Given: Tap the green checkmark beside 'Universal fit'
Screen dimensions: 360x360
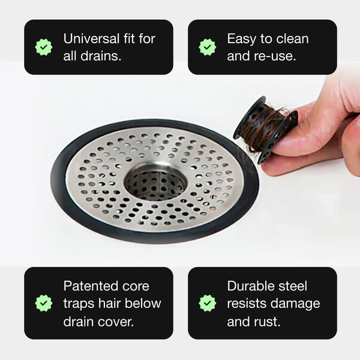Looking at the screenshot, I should tap(44, 47).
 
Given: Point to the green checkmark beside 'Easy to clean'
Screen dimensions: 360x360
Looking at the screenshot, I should tap(208, 47).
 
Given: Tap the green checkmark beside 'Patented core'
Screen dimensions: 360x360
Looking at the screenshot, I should tap(44, 303).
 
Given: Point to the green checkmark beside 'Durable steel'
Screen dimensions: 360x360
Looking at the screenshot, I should tap(208, 303).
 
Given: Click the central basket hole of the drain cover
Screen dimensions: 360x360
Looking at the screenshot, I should tap(155, 180).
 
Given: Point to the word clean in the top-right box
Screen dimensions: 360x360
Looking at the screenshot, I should tap(292, 39).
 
